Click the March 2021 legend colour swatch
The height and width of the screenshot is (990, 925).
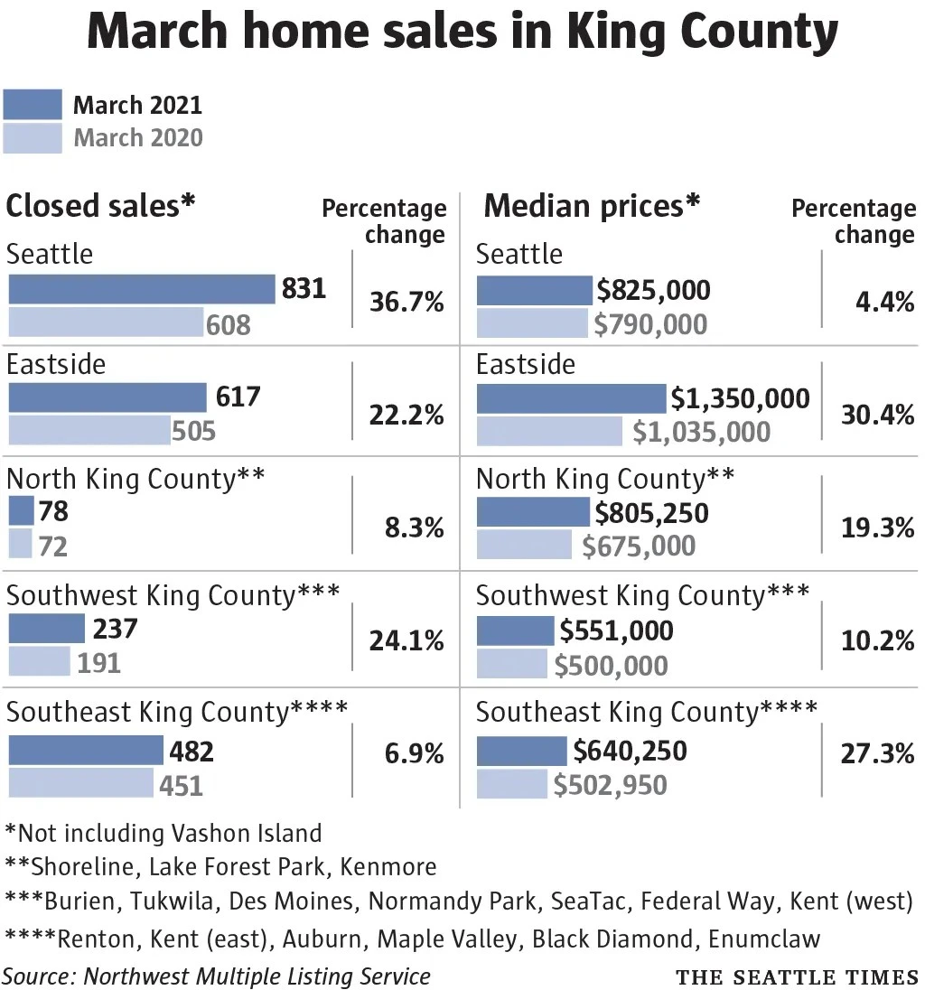coord(33,104)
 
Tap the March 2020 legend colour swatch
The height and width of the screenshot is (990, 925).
coord(33,137)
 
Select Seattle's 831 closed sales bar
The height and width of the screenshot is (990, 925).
coord(142,289)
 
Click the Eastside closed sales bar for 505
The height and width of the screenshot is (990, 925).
coord(89,430)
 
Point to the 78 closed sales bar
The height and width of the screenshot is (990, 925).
coord(21,510)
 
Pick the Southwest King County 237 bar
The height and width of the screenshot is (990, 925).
coord(46,628)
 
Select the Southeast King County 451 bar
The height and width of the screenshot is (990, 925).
coord(80,782)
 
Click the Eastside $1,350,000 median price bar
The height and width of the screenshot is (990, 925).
coord(572,398)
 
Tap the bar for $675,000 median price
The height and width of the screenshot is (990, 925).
coord(524,545)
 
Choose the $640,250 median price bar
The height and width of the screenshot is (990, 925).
coord(521,751)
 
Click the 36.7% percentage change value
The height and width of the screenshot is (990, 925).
coord(406,302)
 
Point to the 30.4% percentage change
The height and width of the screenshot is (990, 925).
coord(878,415)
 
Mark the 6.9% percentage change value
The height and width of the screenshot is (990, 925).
coord(415,753)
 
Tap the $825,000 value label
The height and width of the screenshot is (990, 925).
coord(653,290)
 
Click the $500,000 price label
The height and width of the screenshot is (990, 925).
coord(611,666)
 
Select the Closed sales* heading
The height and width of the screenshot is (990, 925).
coord(100,206)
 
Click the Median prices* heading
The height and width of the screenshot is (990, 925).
coord(593,206)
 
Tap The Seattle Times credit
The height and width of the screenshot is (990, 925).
coord(797,976)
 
